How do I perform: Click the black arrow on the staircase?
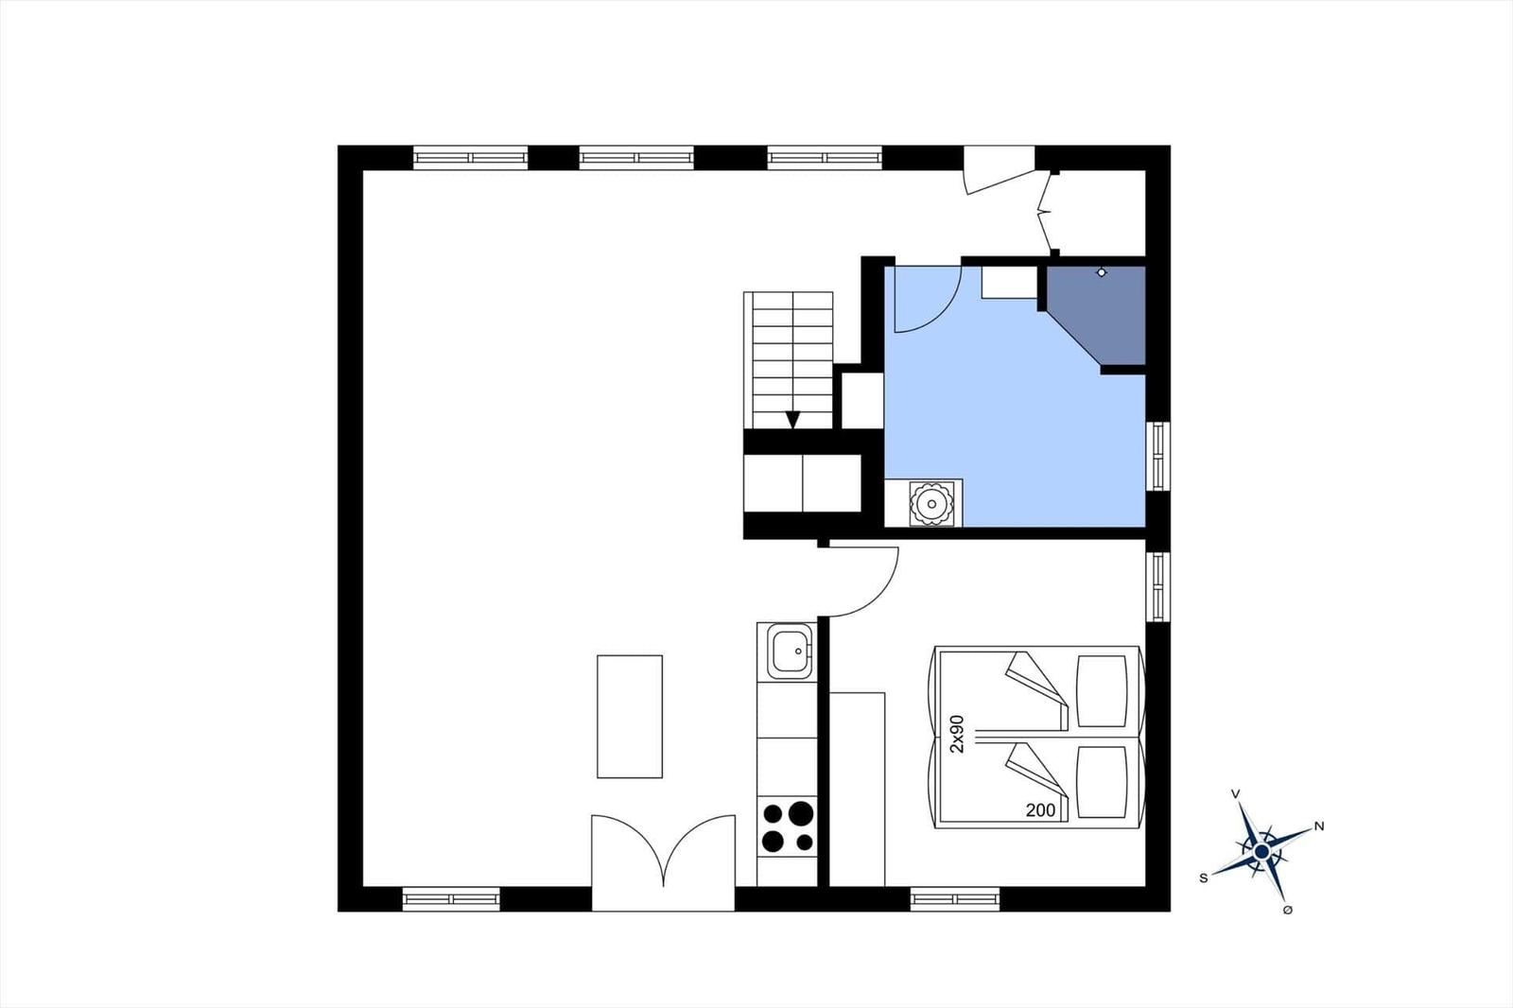coord(792,420)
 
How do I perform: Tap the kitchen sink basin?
coord(789,651)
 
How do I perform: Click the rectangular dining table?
coord(630,716)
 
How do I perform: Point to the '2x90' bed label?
coord(957,734)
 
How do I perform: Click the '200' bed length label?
coord(1040,810)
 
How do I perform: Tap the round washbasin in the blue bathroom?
coord(932,503)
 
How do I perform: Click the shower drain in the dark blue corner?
coord(1102,272)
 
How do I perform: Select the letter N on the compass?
coord(1319,826)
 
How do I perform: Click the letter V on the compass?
coord(1235,794)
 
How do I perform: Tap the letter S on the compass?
coord(1203,878)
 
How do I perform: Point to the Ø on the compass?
coord(1287,910)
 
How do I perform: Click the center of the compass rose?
coord(1261,852)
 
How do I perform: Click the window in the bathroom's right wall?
coord(1158,456)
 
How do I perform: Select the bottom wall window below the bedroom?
coord(955,899)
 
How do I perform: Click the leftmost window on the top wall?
coord(470,157)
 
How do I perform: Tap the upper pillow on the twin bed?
coord(1102,691)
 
